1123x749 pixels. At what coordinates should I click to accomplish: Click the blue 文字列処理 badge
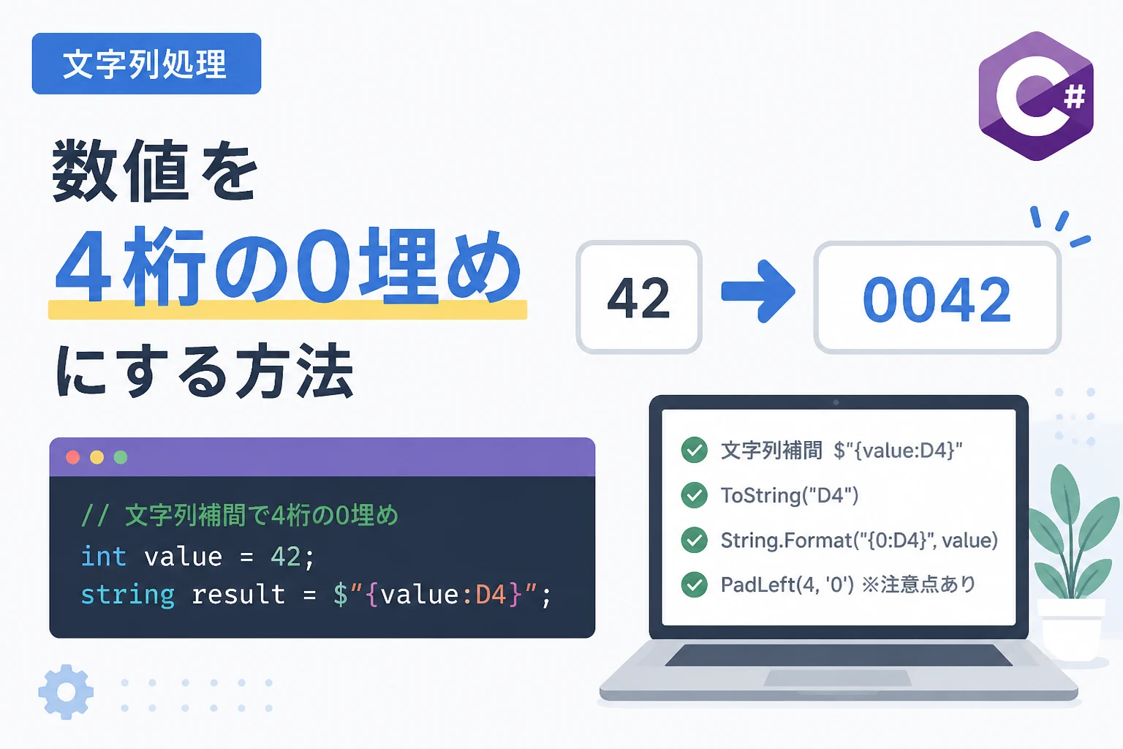coord(146,64)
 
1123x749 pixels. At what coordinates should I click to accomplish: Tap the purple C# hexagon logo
coord(1036,97)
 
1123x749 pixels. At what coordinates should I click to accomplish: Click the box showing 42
coord(639,297)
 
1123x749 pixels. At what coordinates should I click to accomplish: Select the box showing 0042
coord(937,298)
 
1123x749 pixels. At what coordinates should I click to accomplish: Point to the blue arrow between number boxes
coord(758,291)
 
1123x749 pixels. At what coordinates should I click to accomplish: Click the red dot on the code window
coord(72,458)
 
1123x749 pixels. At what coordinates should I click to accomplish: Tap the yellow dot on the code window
coord(97,458)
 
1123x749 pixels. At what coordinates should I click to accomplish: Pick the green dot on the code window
coord(121,458)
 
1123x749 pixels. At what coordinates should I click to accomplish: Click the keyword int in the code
coord(103,557)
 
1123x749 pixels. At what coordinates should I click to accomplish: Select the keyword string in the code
coord(127,595)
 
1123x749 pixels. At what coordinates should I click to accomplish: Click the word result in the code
coord(238,595)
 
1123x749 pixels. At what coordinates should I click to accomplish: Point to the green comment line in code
coord(240,516)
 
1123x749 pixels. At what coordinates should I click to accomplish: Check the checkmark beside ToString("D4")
coord(695,495)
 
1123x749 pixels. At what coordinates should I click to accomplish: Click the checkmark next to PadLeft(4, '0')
coord(695,584)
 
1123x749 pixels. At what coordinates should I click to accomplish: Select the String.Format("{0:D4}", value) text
coord(859,541)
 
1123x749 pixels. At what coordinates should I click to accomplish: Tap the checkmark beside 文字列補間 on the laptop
coord(695,450)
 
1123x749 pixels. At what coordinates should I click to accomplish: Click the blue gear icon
coord(66,692)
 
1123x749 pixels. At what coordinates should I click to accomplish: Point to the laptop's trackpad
coord(838,678)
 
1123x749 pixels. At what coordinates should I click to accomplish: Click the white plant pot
coord(1071,630)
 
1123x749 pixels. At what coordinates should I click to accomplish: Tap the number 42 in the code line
coord(286,557)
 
